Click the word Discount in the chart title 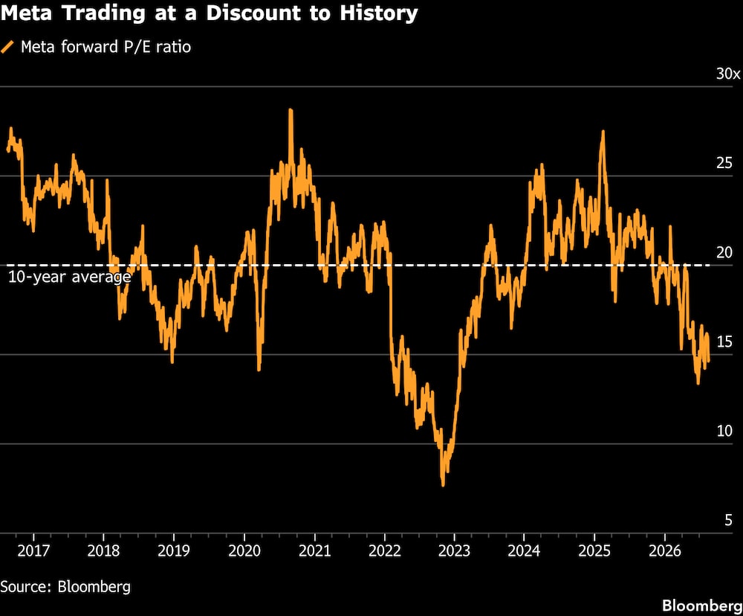pyautogui.click(x=253, y=13)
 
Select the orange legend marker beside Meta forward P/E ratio pyautogui.click(x=7, y=47)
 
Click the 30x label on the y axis pyautogui.click(x=728, y=74)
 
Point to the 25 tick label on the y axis pyautogui.click(x=724, y=163)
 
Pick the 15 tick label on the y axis pyautogui.click(x=724, y=341)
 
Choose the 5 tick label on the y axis pyautogui.click(x=728, y=520)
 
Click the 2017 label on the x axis pyautogui.click(x=33, y=551)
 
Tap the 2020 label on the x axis pyautogui.click(x=244, y=551)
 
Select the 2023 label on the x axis pyautogui.click(x=455, y=551)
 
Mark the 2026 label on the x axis pyautogui.click(x=665, y=551)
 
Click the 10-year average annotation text pyautogui.click(x=70, y=277)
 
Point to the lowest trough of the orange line pyautogui.click(x=443, y=485)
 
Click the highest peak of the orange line pyautogui.click(x=291, y=111)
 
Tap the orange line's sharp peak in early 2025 pyautogui.click(x=603, y=132)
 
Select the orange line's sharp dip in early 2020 pyautogui.click(x=259, y=369)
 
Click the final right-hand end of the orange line pyautogui.click(x=708, y=361)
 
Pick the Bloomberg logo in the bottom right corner pyautogui.click(x=702, y=606)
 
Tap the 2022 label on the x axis pyautogui.click(x=385, y=551)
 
